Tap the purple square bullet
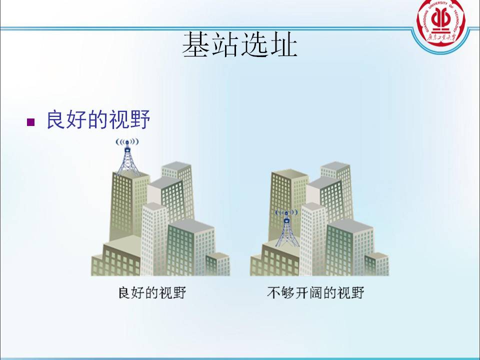point(30,122)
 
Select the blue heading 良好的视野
point(98,119)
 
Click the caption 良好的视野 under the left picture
point(152,292)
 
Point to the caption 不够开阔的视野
point(315,292)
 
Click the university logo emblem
point(441,23)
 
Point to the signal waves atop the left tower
point(127,141)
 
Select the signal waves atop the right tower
point(286,212)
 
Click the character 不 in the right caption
point(273,292)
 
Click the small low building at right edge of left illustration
point(217,264)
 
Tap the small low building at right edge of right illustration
point(377,264)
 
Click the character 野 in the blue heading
point(140,119)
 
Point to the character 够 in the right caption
point(288,292)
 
